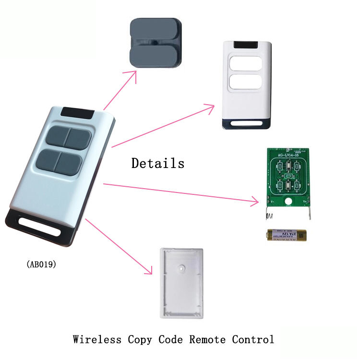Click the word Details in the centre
pyautogui.click(x=158, y=163)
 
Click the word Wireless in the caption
pyautogui.click(x=97, y=339)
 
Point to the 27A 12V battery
pyautogui.click(x=287, y=235)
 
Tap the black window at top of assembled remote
pyautogui.click(x=78, y=112)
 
